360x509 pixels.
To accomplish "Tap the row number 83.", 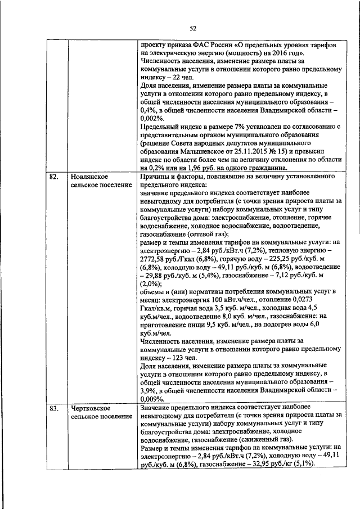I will coord(54,408).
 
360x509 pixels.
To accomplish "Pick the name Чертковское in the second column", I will coord(91,408).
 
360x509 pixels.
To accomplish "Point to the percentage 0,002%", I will coord(151,118).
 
